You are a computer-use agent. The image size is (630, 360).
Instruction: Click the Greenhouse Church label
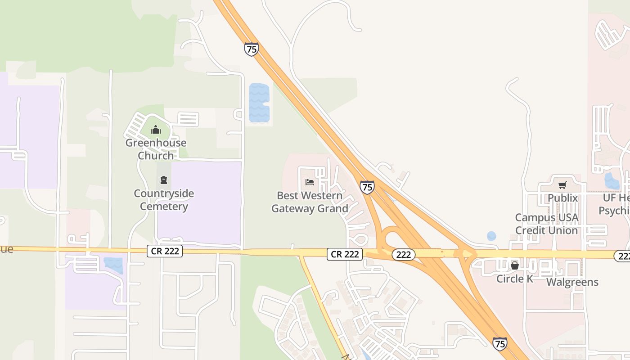pyautogui.click(x=156, y=149)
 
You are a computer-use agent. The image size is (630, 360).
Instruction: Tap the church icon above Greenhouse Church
pyautogui.click(x=156, y=130)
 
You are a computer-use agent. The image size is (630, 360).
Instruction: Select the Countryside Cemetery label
pyautogui.click(x=164, y=200)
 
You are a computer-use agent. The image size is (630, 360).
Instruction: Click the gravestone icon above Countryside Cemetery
pyautogui.click(x=163, y=180)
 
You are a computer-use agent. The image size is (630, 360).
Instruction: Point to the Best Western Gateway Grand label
pyautogui.click(x=310, y=202)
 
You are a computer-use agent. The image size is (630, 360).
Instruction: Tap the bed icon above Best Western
pyautogui.click(x=310, y=182)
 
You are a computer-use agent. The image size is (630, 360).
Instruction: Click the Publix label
pyautogui.click(x=562, y=198)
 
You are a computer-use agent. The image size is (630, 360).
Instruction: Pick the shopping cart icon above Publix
pyautogui.click(x=562, y=185)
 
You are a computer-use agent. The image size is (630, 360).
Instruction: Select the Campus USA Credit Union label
pyautogui.click(x=546, y=224)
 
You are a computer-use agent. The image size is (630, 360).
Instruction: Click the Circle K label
pyautogui.click(x=514, y=279)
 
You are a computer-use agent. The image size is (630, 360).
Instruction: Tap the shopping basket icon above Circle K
pyautogui.click(x=515, y=265)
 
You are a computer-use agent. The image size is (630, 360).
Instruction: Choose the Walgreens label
pyautogui.click(x=572, y=282)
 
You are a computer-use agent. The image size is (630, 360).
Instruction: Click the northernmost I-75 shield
pyautogui.click(x=252, y=49)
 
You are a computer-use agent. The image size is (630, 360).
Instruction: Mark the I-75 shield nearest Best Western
pyautogui.click(x=367, y=187)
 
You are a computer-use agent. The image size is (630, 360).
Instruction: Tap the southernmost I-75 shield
pyautogui.click(x=499, y=344)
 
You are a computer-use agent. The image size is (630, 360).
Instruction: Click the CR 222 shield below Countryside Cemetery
pyautogui.click(x=165, y=251)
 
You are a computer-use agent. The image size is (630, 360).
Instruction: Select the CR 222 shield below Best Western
pyautogui.click(x=345, y=254)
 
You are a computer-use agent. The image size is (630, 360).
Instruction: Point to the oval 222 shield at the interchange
pyautogui.click(x=404, y=255)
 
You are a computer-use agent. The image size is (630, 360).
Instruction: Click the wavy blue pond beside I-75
pyautogui.click(x=259, y=103)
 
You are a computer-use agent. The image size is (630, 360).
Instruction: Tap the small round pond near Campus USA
pyautogui.click(x=491, y=236)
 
